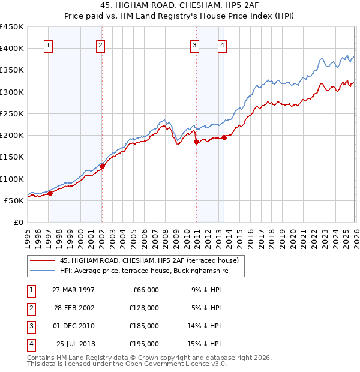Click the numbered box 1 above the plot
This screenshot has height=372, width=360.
point(48,44)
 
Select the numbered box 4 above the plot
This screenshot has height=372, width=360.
point(222,44)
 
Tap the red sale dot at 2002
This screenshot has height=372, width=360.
point(103,167)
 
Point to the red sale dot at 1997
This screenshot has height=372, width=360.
point(50,193)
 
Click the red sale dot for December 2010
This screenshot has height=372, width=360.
point(196,142)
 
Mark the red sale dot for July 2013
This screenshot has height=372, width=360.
point(224,137)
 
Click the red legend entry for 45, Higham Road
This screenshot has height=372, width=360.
point(149,260)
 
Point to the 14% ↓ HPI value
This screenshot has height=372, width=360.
point(205,326)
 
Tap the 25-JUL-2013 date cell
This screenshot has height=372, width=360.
point(74,344)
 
